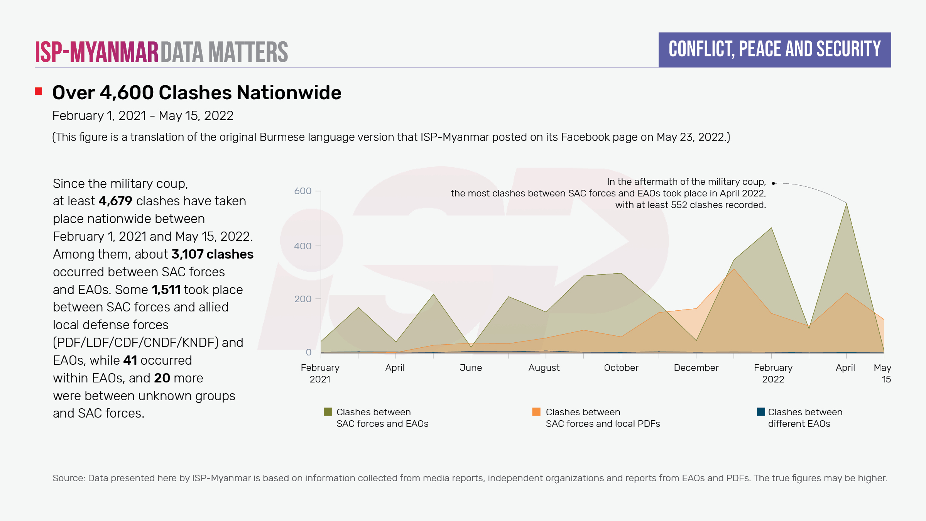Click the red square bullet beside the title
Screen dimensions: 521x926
[38, 91]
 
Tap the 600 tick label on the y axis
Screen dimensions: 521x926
[302, 191]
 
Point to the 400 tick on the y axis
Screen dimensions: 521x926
[302, 246]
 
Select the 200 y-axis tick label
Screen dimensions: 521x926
[302, 299]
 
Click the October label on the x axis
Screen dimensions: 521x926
[621, 368]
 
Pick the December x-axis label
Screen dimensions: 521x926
[696, 368]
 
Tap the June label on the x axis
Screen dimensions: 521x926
[470, 368]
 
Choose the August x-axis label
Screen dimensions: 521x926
[544, 368]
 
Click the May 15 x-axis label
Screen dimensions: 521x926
[883, 373]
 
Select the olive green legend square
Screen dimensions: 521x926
[328, 412]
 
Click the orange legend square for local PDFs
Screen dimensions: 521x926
[536, 412]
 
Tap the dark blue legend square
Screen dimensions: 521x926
[761, 412]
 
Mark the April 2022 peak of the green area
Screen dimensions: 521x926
[846, 204]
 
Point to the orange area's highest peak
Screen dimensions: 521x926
[733, 269]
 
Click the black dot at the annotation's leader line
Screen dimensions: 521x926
[773, 183]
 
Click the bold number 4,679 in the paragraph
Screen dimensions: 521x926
[115, 201]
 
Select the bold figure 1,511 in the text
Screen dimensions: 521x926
[166, 290]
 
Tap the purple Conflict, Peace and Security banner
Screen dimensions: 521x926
[774, 50]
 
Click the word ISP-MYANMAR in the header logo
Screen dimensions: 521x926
[97, 52]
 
